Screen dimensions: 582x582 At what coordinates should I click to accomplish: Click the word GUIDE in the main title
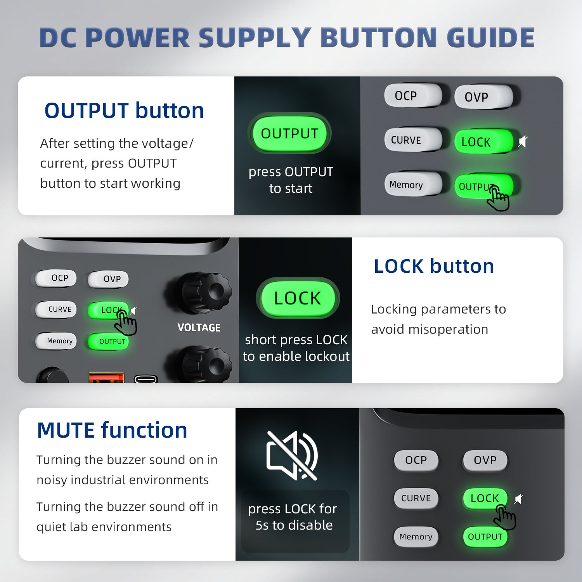[490, 38]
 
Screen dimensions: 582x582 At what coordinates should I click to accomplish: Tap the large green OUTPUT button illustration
[289, 133]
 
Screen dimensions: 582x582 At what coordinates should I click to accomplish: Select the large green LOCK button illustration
[298, 298]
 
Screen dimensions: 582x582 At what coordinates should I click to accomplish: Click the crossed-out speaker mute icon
[292, 455]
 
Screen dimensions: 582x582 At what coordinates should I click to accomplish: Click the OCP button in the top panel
[413, 95]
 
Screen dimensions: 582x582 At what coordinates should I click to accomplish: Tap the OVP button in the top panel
[483, 97]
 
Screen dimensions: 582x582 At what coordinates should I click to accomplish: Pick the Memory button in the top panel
[413, 184]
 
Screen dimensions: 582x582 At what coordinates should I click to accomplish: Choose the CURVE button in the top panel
[413, 140]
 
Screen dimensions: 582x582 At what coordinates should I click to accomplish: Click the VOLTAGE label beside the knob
[199, 328]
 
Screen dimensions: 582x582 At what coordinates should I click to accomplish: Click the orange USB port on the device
[106, 378]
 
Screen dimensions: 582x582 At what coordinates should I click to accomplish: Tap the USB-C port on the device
[145, 379]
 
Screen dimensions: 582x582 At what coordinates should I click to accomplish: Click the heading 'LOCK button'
[434, 266]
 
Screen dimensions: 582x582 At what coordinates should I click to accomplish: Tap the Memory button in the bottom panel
[416, 537]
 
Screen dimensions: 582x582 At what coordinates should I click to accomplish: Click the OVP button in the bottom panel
[485, 460]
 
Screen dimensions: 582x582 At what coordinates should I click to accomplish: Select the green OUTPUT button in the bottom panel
[485, 537]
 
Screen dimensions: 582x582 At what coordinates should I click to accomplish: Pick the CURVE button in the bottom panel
[416, 498]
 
